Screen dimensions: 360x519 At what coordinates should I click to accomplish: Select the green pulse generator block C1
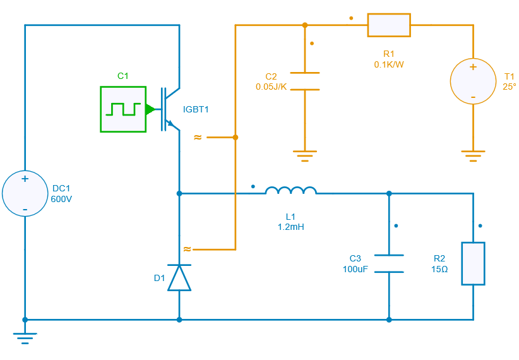[x=122, y=109]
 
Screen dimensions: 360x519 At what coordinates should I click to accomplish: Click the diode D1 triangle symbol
[x=179, y=277]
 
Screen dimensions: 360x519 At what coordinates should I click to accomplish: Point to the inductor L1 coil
[x=290, y=191]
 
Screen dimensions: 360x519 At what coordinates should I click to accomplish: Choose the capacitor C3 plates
[x=388, y=263]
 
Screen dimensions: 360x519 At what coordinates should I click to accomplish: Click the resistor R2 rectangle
[x=473, y=263]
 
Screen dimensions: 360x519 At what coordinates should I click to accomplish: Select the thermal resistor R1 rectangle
[x=389, y=25]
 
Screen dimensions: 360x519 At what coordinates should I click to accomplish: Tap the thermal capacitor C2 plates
[x=305, y=81]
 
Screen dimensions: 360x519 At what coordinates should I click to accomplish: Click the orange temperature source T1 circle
[x=472, y=81]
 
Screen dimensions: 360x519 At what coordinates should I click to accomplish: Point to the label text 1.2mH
[x=290, y=227]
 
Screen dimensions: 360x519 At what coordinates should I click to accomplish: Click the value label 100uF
[x=355, y=269]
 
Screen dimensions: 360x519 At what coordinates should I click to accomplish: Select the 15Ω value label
[x=439, y=269]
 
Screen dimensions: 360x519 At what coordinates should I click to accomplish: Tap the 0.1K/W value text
[x=389, y=64]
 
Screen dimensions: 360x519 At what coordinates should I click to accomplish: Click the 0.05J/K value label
[x=271, y=87]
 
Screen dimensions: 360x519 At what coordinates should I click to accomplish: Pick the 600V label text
[x=61, y=198]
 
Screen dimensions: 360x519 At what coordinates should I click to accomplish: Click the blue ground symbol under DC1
[x=25, y=337]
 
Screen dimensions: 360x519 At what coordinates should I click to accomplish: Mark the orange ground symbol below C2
[x=305, y=155]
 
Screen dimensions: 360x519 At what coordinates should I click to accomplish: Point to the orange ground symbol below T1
[x=472, y=155]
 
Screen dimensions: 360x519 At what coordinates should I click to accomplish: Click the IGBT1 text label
[x=196, y=109]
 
